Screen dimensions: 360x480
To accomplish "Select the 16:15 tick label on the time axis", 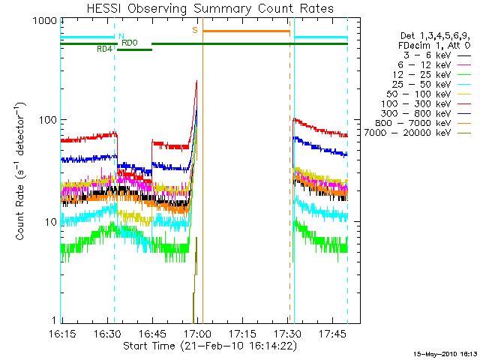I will pos(62,333).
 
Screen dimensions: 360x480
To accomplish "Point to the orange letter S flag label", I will pos(195,30).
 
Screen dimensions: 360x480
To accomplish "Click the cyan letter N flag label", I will pos(121,36).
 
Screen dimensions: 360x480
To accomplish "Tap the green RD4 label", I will pos(105,49).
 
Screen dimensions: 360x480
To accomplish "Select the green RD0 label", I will pos(129,43).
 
